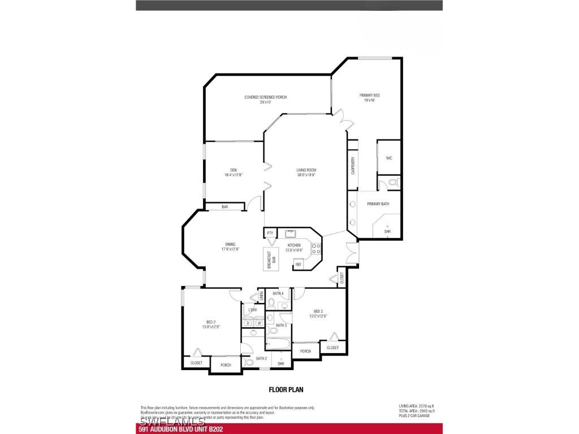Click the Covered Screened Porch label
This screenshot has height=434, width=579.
coord(265,99)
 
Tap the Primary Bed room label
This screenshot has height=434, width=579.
coord(369,97)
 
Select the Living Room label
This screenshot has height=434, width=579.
coord(306,172)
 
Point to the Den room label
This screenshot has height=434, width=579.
coord(233,172)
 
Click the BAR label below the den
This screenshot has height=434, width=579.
coord(224,207)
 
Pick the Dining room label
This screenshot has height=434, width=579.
coord(230,247)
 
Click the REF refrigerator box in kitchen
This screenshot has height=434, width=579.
coord(298,264)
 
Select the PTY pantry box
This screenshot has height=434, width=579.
coord(270,233)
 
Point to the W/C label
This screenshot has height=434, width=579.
coord(389,158)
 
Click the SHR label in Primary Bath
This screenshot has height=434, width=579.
coord(387,232)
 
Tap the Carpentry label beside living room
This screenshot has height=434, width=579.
coord(353,165)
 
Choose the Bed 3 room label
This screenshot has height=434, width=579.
coord(318,314)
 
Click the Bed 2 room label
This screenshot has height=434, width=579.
coord(210,324)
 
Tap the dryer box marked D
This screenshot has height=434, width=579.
coord(248,323)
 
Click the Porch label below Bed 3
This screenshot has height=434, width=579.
coord(305,351)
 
